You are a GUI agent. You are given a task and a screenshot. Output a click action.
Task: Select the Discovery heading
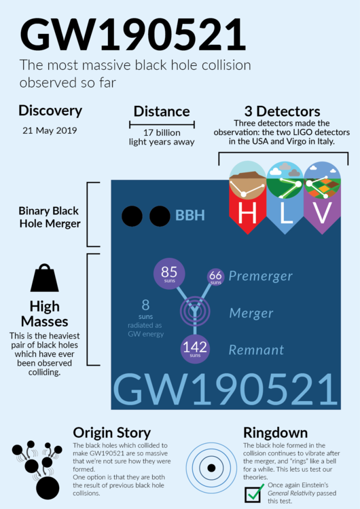(50, 111)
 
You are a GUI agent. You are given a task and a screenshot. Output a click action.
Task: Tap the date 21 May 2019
(50, 130)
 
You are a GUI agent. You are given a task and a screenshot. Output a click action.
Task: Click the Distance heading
(162, 111)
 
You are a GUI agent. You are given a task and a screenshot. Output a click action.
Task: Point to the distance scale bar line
(162, 124)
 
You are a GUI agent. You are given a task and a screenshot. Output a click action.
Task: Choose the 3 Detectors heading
(281, 111)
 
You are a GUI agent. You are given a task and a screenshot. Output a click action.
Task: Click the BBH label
(190, 216)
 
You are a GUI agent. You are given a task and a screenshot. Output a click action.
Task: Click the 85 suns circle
(169, 274)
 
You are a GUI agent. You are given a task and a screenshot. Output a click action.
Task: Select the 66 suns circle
(216, 276)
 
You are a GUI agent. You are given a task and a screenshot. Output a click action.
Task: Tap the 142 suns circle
(194, 349)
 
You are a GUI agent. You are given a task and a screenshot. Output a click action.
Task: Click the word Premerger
(260, 276)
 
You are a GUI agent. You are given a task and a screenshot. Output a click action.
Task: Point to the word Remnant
(256, 350)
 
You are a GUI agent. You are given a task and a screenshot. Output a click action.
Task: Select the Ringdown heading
(275, 432)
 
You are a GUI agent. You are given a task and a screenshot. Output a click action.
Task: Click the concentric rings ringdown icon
(212, 468)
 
